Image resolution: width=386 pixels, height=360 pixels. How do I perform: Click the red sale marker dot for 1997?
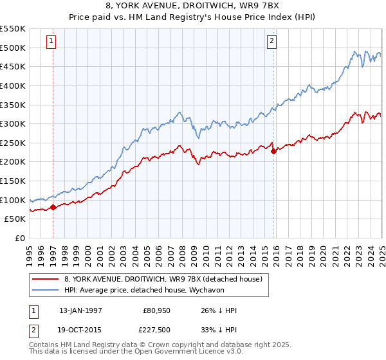[x=53, y=207]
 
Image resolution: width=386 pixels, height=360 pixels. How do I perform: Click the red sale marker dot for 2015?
[x=273, y=152]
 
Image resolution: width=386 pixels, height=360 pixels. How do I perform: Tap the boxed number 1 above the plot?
[x=51, y=41]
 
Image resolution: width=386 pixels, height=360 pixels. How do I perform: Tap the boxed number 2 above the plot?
[x=272, y=41]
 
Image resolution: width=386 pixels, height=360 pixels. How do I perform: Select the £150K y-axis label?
[x=14, y=181]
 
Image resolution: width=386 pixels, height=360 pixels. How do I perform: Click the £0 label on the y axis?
[x=19, y=238]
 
